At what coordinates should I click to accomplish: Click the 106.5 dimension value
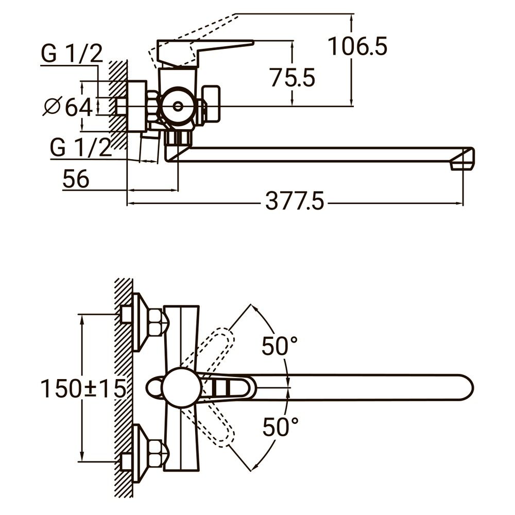[357, 47]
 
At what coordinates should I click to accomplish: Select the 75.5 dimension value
[293, 78]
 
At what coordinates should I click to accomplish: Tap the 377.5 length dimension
[295, 201]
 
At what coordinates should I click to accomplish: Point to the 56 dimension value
[76, 179]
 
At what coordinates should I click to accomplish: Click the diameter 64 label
[68, 107]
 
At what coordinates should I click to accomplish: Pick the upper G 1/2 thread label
[72, 54]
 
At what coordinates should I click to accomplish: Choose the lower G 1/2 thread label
[80, 148]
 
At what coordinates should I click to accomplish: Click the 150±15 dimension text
[83, 389]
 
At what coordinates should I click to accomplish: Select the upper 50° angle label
[280, 346]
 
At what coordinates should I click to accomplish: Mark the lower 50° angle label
[280, 427]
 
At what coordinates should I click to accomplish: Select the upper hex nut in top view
[157, 322]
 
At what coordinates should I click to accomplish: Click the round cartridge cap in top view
[180, 387]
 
